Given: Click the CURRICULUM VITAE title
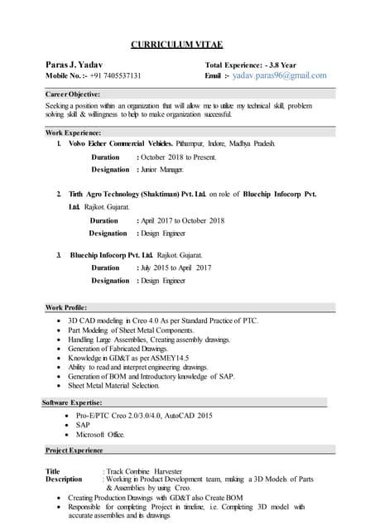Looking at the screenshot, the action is click(176, 44).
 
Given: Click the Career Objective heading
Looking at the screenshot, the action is click(72, 94).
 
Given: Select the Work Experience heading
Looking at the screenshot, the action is click(73, 132).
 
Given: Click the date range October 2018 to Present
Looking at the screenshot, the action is click(179, 157).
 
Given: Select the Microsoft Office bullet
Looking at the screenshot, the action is click(100, 435).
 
